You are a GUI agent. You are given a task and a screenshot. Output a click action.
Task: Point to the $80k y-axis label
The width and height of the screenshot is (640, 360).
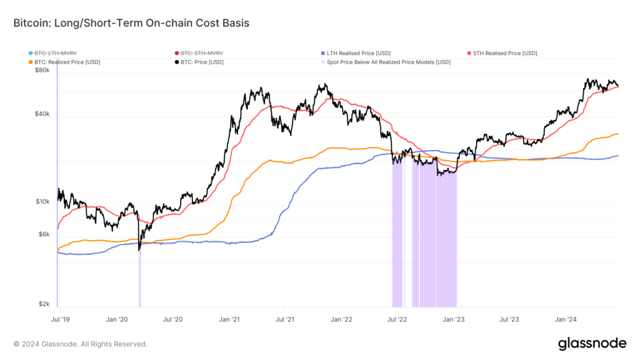click(42, 71)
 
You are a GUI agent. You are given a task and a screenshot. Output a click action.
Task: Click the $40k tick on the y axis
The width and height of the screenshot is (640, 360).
click(42, 114)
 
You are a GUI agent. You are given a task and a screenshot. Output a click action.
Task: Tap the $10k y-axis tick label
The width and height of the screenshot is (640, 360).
click(42, 202)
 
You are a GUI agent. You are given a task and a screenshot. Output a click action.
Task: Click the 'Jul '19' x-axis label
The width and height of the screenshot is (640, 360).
click(61, 319)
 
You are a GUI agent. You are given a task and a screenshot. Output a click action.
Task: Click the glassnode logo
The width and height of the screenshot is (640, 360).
click(591, 343)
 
